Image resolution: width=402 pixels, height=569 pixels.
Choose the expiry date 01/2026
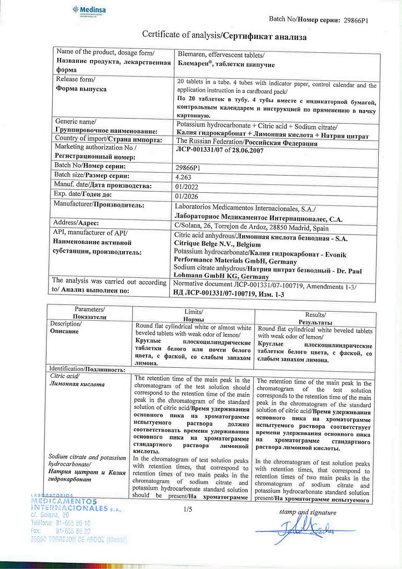coord(186,196)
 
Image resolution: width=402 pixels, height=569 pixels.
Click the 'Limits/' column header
coord(193,312)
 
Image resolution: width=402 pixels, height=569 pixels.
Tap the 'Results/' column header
coord(315,315)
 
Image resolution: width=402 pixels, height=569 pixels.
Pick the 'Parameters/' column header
coord(89,309)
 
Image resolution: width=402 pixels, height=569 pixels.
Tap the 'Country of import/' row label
coord(76,138)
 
